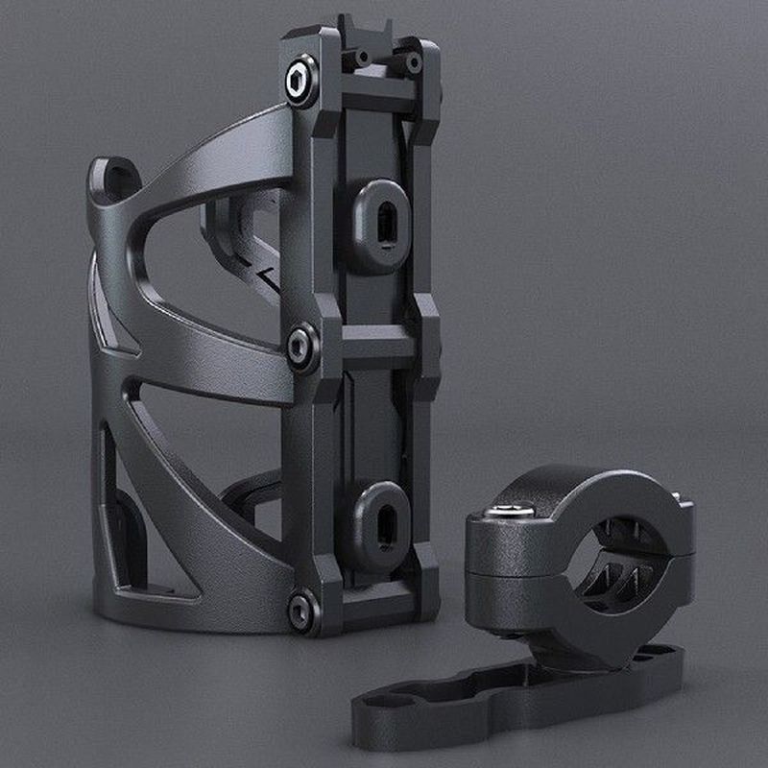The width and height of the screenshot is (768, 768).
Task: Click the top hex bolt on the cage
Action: pos(301,81)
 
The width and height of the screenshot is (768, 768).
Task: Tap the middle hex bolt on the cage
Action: pos(302,345)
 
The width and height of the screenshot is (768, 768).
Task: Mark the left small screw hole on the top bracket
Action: pos(362,59)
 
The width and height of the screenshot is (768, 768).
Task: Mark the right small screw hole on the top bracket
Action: pos(413,64)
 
